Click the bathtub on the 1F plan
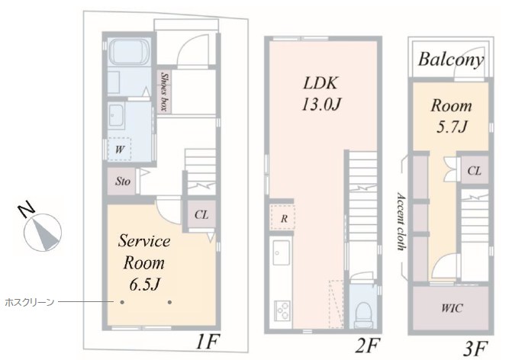[x=129, y=52]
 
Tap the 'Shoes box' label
[x=164, y=92]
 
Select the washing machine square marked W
[x=119, y=149]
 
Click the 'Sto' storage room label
[x=122, y=181]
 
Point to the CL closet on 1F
[x=201, y=215]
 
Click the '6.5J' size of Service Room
[x=144, y=284]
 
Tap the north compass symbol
[x=42, y=230]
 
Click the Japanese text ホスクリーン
[x=30, y=302]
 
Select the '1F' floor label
[x=208, y=342]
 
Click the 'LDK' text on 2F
[x=320, y=83]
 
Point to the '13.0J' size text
[x=322, y=104]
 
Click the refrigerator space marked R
[x=283, y=217]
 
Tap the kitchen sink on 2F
[x=281, y=253]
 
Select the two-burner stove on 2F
[x=282, y=310]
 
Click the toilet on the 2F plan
[x=364, y=312]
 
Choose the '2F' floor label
[x=369, y=346]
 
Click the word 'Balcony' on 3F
[x=451, y=60]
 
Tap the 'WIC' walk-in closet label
[x=452, y=308]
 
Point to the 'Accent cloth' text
[x=401, y=221]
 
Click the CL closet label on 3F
[x=474, y=170]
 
